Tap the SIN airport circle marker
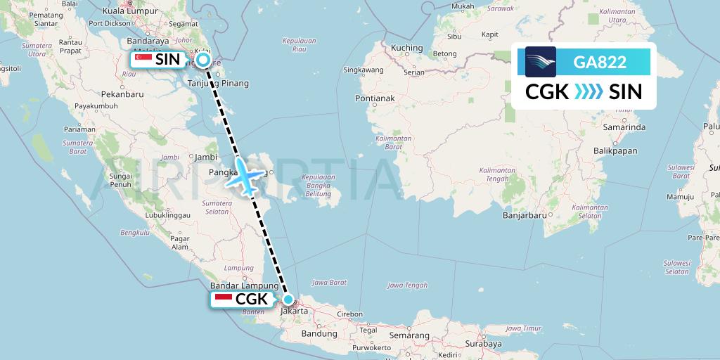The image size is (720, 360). click(203, 60)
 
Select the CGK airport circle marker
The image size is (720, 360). click(288, 299)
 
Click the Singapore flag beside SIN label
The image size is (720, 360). click(143, 60)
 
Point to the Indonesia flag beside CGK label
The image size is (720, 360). click(224, 300)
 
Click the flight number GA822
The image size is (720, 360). click(600, 63)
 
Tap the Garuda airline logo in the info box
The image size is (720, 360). click(540, 62)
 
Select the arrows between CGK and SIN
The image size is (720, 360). click(589, 92)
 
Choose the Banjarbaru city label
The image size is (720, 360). click(525, 217)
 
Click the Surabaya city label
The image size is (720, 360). click(482, 344)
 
